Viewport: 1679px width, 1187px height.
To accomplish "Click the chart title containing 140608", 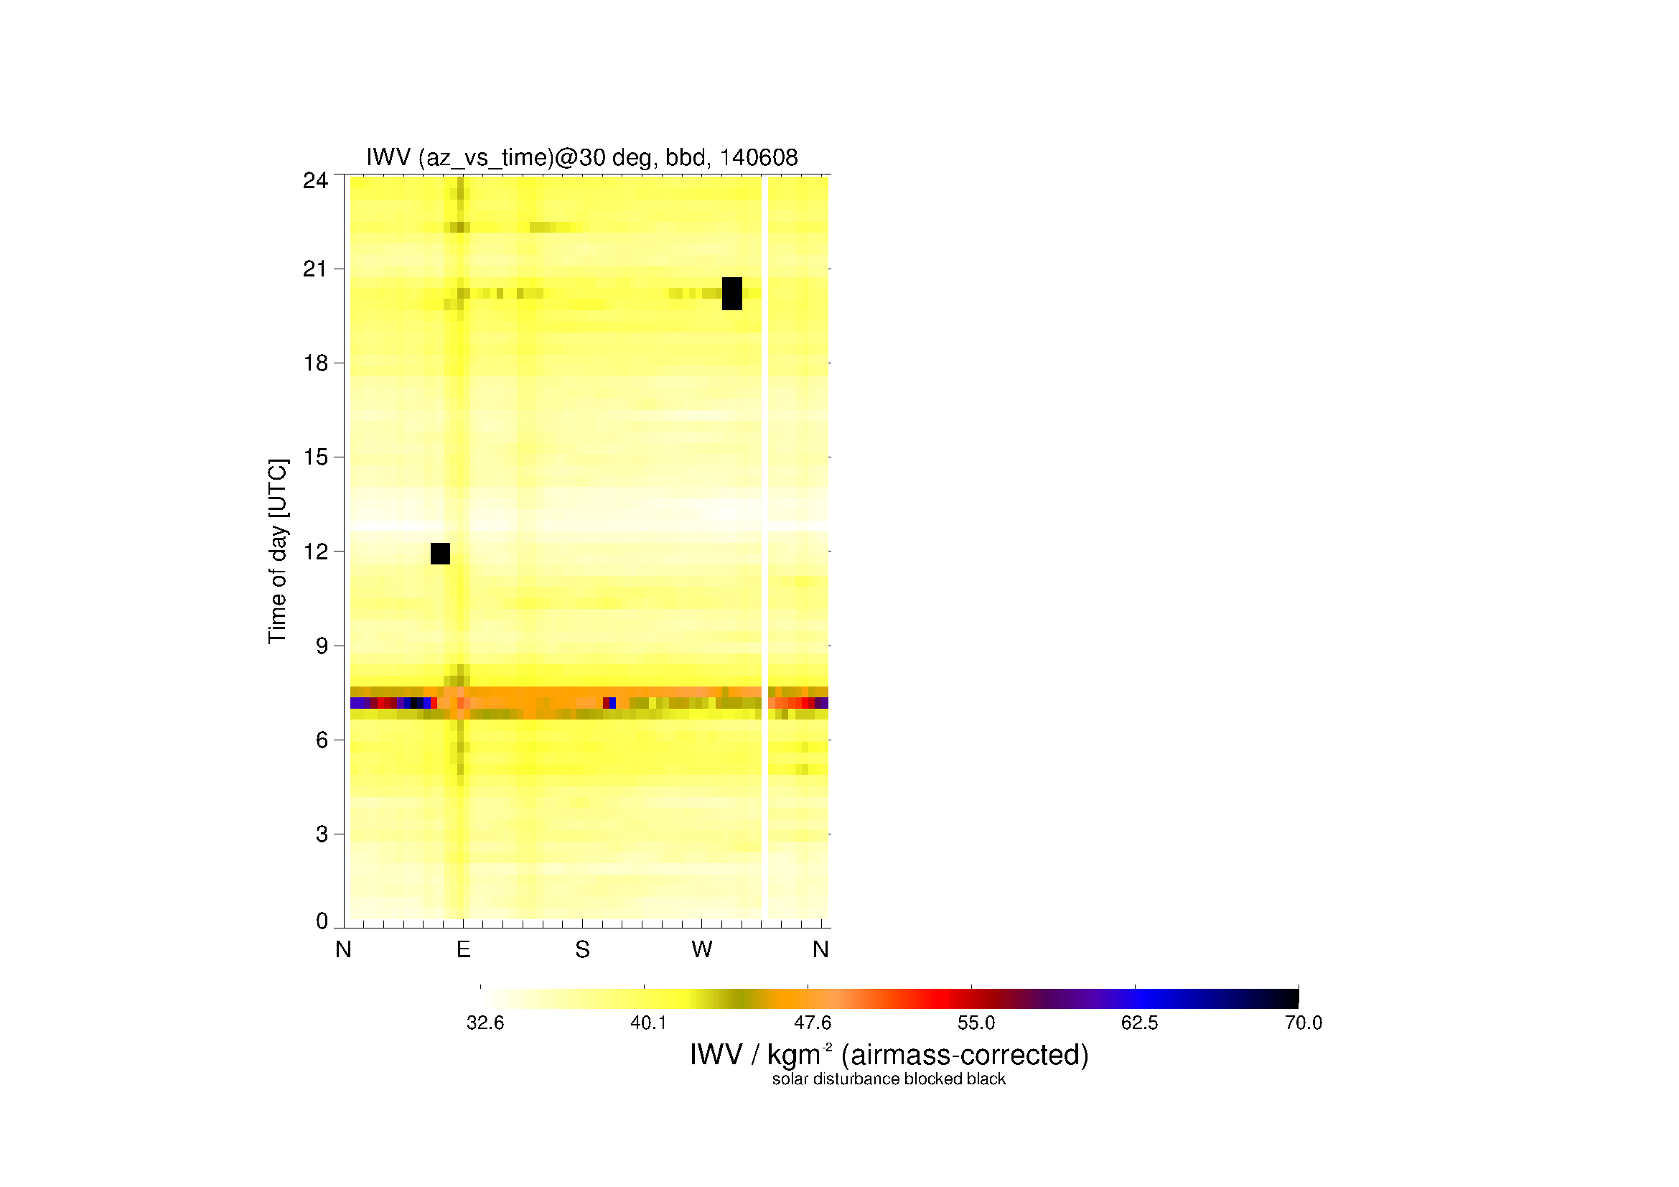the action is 582,157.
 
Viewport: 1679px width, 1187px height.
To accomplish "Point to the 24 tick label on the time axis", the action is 315,180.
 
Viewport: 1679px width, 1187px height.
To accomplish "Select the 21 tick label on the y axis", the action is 315,269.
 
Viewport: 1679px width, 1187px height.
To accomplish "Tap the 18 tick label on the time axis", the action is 315,363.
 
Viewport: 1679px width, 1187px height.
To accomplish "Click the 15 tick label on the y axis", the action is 315,457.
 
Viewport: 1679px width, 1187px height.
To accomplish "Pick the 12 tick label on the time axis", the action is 315,551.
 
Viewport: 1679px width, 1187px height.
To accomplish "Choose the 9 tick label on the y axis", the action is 322,646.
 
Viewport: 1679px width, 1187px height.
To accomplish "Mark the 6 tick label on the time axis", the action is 322,740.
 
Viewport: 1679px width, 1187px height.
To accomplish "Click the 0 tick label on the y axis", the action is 322,921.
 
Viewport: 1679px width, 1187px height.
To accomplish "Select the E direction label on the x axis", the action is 463,949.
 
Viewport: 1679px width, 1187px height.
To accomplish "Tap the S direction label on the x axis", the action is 582,949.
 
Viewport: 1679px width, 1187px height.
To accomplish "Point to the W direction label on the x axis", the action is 702,949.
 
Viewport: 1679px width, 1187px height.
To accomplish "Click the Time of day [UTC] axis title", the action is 278,551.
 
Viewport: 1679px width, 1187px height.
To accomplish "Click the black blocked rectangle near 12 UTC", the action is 440,554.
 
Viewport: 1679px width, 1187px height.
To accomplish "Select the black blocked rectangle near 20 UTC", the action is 732,293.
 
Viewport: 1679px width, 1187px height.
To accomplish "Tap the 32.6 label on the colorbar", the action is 485,1023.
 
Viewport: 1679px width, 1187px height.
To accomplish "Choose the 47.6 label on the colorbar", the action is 813,1023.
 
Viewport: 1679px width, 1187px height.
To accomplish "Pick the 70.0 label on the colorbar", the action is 1303,1023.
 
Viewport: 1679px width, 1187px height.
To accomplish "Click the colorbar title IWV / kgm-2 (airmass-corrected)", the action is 889,1055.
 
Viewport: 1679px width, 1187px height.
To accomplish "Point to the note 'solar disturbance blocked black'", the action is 889,1079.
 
